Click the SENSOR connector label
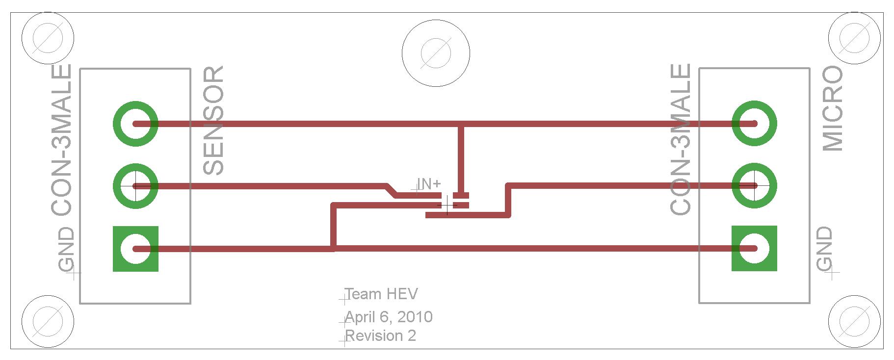214,121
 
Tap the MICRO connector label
833,109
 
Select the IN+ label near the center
429,184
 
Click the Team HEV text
381,294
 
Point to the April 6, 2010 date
389,317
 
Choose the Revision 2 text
381,336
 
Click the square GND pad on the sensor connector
135,249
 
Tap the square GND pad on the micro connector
754,248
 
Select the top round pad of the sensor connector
135,124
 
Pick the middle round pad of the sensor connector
135,186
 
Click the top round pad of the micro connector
754,124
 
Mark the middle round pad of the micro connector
754,186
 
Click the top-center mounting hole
436,53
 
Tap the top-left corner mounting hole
48,37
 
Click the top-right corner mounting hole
854,37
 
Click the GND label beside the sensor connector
66,250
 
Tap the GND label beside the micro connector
825,249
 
